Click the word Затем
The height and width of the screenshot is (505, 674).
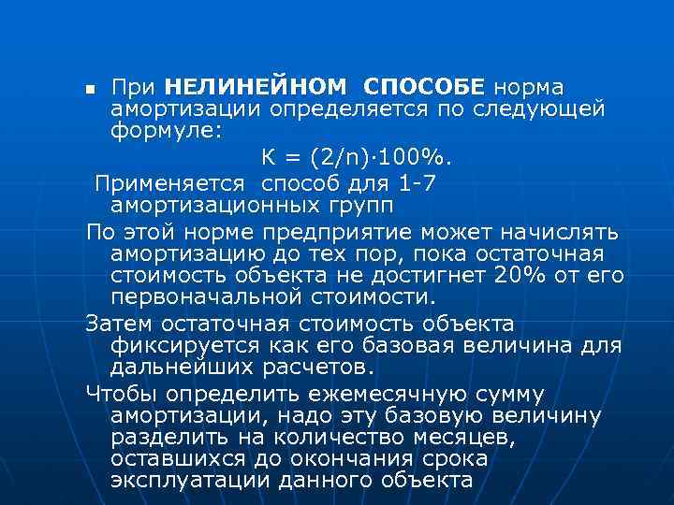point(121,324)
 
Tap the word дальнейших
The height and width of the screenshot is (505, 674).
point(181,368)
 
